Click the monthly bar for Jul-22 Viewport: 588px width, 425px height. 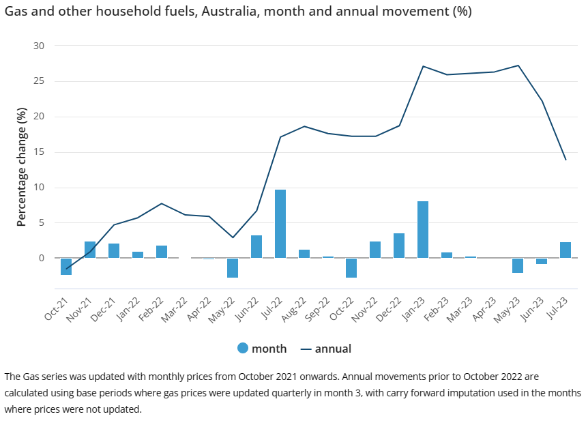point(280,224)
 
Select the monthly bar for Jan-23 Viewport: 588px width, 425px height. point(423,230)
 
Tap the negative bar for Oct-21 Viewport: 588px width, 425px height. point(66,267)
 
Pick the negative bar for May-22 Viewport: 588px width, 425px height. point(233,268)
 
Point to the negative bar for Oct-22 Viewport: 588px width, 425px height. point(351,268)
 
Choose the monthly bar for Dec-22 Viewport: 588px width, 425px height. point(399,246)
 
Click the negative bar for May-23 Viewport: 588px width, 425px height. point(518,265)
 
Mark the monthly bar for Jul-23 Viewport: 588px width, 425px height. point(565,250)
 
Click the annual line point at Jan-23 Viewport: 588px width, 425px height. point(423,66)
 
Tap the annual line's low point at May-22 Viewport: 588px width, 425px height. point(233,237)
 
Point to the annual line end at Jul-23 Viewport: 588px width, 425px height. point(565,160)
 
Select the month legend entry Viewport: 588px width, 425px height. point(262,349)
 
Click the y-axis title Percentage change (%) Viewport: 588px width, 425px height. point(21,167)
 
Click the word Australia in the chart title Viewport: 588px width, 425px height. point(235,12)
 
